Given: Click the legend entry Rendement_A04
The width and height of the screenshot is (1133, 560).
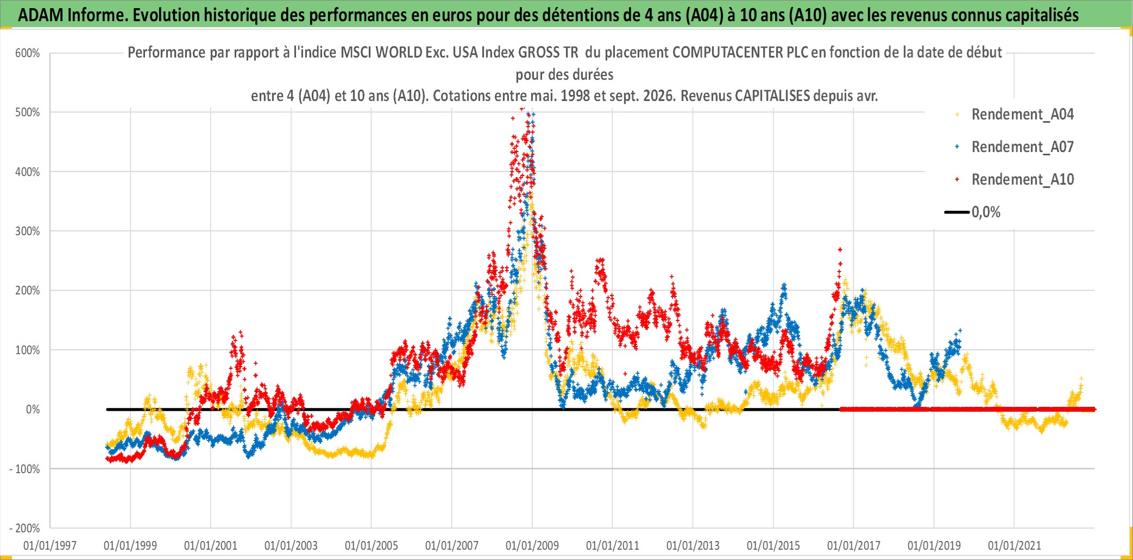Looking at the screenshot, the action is pos(1022,115).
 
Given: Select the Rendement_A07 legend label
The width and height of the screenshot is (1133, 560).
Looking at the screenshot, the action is pos(1022,147).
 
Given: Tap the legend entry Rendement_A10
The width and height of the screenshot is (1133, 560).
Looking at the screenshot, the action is pos(1022,180).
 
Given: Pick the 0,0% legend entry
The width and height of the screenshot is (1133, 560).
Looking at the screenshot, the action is pos(986,212).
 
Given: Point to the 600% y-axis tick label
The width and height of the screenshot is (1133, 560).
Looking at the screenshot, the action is pos(28,53).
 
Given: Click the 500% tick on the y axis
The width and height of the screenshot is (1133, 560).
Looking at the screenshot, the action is pos(28,112).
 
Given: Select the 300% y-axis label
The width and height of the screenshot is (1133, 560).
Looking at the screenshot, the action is pos(28,231).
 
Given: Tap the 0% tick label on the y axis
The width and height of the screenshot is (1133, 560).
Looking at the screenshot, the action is pos(33,410).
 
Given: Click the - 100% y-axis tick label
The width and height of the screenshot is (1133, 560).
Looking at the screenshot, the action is pos(25,469).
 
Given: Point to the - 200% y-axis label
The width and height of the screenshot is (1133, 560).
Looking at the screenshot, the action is pos(25,528).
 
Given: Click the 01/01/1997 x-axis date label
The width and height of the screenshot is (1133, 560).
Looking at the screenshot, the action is pos(50,545).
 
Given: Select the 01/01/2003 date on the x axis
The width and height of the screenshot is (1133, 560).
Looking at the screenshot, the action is pos(291,545).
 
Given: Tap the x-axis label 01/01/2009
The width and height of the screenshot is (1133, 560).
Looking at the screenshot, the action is pos(532,545).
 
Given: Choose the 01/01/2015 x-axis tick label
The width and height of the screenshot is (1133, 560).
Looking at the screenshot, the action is pos(773,545).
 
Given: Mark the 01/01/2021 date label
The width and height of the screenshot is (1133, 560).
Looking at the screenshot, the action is pos(1015,545).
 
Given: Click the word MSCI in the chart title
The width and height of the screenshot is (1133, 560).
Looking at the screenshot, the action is pos(356,53).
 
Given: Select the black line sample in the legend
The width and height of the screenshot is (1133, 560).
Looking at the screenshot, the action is pos(957,212).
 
